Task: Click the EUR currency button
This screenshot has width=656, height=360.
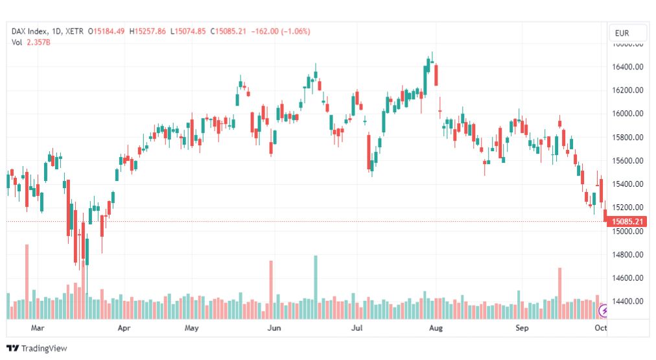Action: tap(627, 33)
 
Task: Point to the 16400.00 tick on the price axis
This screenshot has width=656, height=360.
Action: tap(628, 67)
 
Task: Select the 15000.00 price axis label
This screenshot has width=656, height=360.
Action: tap(628, 232)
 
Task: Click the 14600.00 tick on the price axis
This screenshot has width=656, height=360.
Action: tap(628, 278)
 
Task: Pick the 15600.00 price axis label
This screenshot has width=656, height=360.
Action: tap(628, 161)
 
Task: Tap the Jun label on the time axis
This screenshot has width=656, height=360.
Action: tap(275, 328)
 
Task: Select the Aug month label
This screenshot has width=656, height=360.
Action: tap(436, 328)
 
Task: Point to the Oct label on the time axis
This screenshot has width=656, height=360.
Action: tap(600, 328)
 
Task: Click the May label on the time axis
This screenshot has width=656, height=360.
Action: tap(191, 328)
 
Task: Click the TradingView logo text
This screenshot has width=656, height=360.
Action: tap(44, 348)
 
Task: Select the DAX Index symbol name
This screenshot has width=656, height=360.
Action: tap(31, 31)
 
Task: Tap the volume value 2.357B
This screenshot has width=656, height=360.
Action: tap(38, 42)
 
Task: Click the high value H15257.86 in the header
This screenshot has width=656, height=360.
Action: tap(148, 31)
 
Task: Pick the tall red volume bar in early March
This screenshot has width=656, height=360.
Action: tap(27, 282)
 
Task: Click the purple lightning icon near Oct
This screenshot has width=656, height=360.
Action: tap(604, 311)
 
